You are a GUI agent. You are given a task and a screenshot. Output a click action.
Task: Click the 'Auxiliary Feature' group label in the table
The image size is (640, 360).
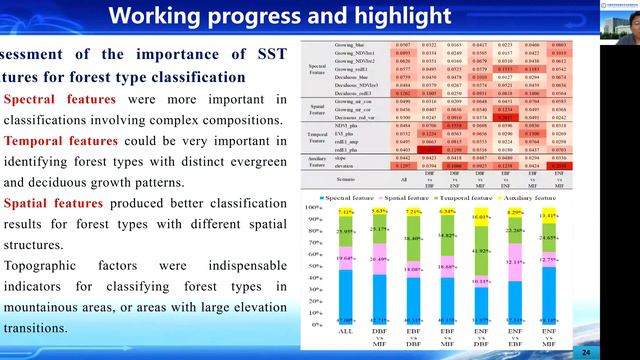tap(318, 161)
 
